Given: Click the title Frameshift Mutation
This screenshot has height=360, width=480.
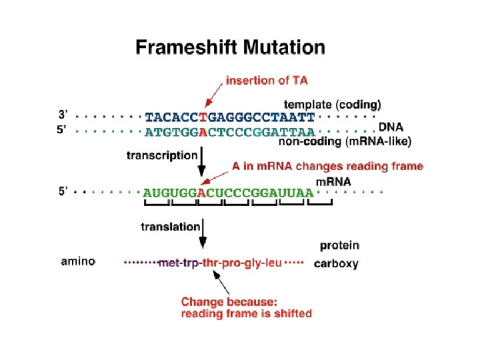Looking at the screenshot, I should tap(231, 48).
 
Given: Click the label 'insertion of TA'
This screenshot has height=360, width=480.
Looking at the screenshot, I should tap(267, 81).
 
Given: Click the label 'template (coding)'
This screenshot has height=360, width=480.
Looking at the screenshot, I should tap(333, 104).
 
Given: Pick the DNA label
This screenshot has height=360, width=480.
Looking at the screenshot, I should tap(391, 127).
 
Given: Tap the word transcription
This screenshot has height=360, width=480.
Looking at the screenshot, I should tap(162, 155).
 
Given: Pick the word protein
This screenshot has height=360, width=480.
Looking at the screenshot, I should tap(339, 245).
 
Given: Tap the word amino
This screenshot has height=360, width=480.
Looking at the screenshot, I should tap(78, 262).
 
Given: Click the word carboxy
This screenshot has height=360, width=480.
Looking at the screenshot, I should tap(336, 263).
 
